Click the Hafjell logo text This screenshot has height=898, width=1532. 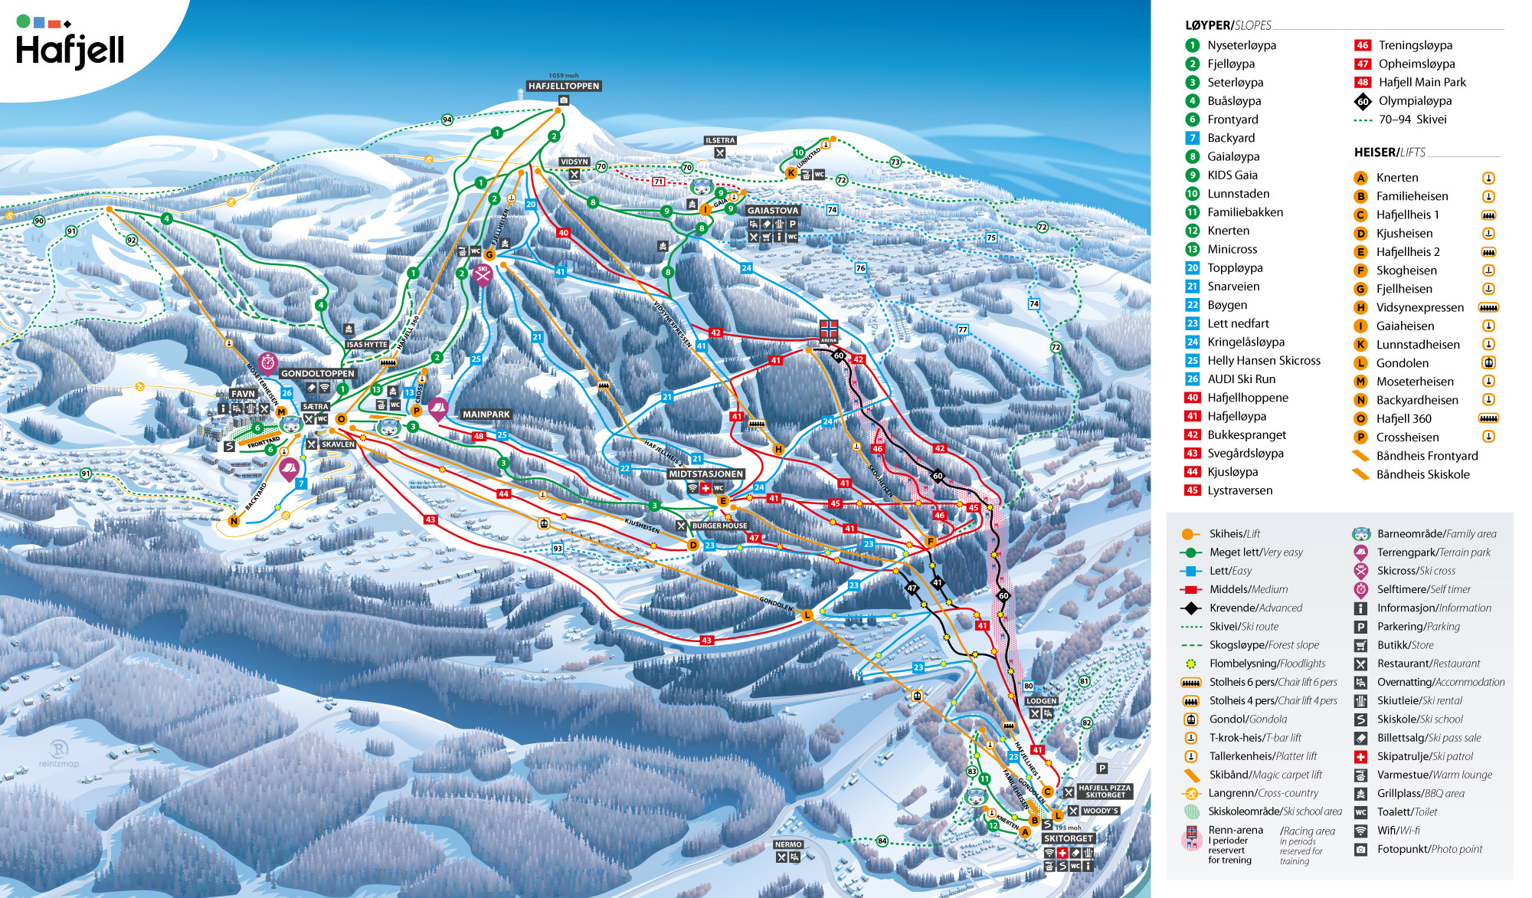click(70, 51)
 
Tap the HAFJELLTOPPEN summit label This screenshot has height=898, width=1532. click(564, 86)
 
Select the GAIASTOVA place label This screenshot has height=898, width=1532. click(773, 210)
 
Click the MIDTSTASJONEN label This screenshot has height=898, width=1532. click(705, 474)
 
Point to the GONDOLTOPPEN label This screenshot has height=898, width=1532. click(317, 373)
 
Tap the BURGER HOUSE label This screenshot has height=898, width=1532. click(719, 526)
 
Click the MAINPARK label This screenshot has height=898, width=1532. click(486, 414)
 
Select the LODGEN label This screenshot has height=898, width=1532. click(1041, 700)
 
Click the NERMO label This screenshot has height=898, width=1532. click(788, 844)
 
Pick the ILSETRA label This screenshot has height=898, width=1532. click(720, 140)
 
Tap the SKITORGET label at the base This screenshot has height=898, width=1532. click(1068, 838)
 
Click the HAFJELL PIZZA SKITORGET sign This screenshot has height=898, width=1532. click(1104, 791)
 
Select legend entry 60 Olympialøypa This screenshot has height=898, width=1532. click(1414, 100)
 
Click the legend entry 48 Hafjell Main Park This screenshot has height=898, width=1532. click(1422, 82)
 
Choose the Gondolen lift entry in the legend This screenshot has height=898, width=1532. click(1402, 363)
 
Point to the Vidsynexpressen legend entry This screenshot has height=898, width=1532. click(1419, 307)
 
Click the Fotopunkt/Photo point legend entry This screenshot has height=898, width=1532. click(1429, 849)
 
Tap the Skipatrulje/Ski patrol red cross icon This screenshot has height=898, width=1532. click(1361, 756)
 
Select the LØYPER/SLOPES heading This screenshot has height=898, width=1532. click(1228, 25)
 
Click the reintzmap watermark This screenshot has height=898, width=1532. click(59, 754)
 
